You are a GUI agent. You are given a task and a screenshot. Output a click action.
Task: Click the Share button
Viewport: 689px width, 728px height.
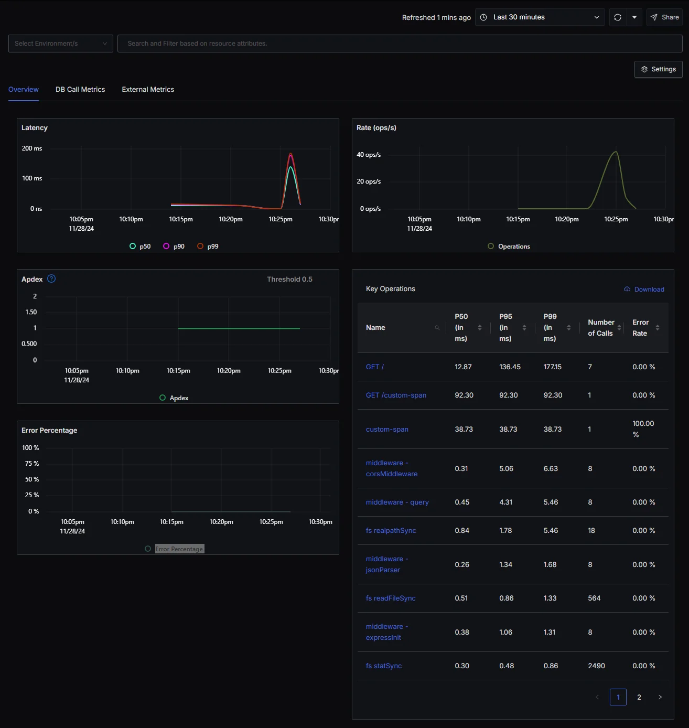point(664,17)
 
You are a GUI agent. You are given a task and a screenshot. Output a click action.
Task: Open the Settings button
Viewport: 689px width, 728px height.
point(659,69)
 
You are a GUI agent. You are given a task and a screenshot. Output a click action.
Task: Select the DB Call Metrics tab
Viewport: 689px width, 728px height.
point(80,90)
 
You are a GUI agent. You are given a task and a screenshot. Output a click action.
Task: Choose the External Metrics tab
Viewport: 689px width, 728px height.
point(148,90)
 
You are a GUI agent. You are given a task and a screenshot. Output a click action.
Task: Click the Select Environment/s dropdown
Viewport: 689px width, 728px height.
point(61,44)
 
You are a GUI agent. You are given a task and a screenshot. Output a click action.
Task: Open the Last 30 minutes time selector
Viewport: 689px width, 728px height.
point(540,17)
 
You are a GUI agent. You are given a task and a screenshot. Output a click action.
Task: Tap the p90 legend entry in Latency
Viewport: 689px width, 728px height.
point(174,247)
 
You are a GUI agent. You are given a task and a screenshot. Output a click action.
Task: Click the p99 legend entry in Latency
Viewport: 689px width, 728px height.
point(208,247)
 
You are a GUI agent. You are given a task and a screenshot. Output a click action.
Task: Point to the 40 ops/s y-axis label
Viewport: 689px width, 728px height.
point(369,155)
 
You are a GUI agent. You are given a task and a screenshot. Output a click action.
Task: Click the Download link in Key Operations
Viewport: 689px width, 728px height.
point(644,290)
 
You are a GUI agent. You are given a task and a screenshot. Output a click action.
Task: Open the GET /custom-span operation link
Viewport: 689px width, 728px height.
point(396,395)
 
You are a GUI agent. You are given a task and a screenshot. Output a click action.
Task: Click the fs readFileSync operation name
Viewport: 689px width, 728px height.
point(391,598)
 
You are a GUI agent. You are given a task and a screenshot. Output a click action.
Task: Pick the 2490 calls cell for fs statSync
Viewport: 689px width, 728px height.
point(596,666)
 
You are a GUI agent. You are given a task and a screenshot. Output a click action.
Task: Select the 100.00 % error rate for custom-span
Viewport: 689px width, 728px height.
point(643,429)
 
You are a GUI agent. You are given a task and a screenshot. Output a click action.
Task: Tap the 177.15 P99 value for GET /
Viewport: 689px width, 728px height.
point(552,367)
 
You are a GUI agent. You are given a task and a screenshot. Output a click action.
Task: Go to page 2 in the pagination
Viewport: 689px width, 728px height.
point(639,697)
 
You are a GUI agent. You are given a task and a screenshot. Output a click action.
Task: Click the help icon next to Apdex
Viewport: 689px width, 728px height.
point(51,279)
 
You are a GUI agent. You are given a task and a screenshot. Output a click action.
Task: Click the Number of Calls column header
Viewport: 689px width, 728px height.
point(601,328)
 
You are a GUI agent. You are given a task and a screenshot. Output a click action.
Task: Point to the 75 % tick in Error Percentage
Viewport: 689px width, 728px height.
point(32,464)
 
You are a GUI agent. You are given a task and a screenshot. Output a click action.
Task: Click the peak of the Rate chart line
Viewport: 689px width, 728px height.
point(616,152)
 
